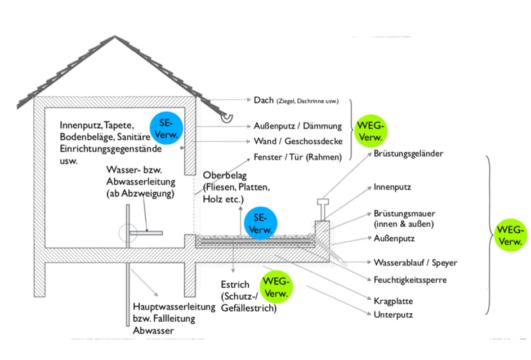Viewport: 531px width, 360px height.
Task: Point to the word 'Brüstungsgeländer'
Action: click(410, 154)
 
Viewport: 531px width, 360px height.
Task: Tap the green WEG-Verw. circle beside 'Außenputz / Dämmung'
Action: click(365, 129)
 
